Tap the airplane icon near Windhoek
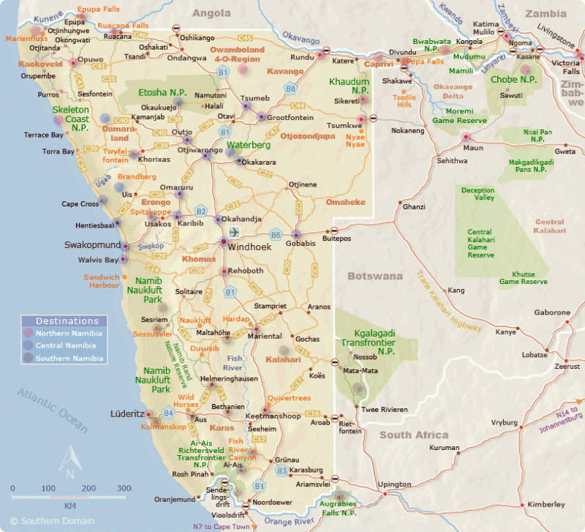tap(235, 232)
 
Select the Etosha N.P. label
tap(162, 92)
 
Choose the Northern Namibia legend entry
tap(69, 333)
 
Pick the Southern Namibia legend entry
tap(70, 359)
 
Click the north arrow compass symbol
tap(69, 462)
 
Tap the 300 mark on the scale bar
tap(124, 488)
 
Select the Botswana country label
tap(374, 277)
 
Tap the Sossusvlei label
tap(151, 334)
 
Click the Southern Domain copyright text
tap(47, 521)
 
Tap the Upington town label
tap(393, 484)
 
